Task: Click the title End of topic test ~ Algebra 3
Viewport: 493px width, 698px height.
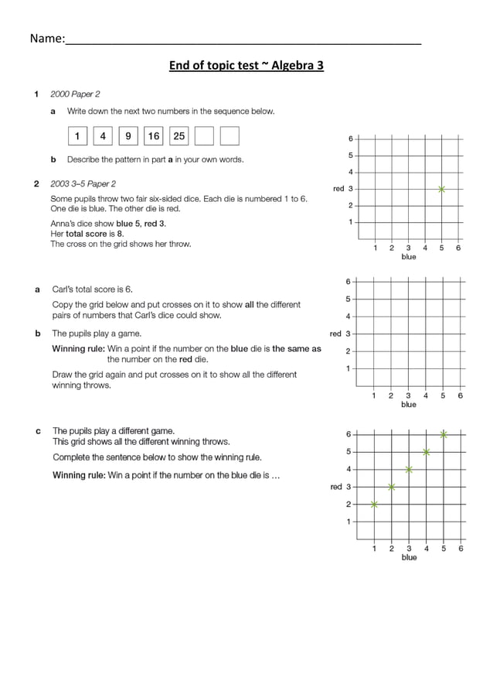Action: (x=246, y=65)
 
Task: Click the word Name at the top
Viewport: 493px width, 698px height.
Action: (x=45, y=39)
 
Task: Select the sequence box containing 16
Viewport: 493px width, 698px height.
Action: (x=154, y=136)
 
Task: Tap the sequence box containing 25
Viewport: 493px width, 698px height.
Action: (x=178, y=136)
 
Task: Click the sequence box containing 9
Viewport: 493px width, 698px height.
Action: (x=128, y=136)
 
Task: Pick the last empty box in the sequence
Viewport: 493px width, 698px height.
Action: (x=229, y=136)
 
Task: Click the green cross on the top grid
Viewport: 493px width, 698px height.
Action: (x=441, y=189)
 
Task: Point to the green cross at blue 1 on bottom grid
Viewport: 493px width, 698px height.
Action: (x=374, y=504)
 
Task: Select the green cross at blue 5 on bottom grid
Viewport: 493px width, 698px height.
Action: (x=444, y=434)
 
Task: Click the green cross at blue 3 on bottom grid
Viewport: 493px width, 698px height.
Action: (x=409, y=469)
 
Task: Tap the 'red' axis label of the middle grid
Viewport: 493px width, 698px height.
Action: (x=335, y=334)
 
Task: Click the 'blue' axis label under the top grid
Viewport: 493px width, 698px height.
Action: (x=408, y=257)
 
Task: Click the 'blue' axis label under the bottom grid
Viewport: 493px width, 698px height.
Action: (x=409, y=557)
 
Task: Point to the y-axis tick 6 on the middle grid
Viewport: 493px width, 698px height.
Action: (x=348, y=281)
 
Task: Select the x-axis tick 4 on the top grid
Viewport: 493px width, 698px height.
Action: (x=425, y=248)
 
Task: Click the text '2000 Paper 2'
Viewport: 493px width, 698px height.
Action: (x=75, y=94)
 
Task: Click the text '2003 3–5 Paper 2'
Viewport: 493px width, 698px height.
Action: (x=83, y=184)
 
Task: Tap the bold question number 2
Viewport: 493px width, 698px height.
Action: (x=36, y=184)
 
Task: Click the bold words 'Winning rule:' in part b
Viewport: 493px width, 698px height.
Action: (x=78, y=349)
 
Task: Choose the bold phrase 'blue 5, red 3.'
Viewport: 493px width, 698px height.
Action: (x=141, y=224)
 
